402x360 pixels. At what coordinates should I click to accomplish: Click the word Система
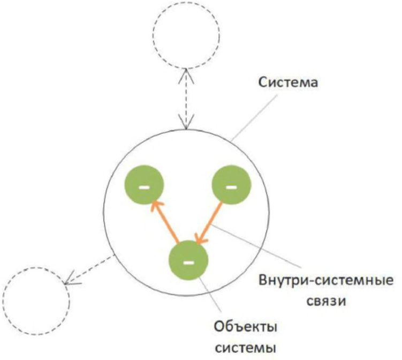click(x=287, y=84)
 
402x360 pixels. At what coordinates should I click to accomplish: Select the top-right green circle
click(x=231, y=186)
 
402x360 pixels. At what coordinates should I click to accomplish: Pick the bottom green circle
click(x=188, y=261)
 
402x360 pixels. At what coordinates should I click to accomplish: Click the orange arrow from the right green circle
click(x=209, y=224)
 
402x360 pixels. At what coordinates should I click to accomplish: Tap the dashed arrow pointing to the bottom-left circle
click(x=88, y=269)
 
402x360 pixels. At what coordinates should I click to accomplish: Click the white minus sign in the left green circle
click(x=143, y=187)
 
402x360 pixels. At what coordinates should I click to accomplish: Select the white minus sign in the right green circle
click(x=231, y=187)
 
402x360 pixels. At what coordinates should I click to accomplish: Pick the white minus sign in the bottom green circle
click(x=188, y=262)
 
